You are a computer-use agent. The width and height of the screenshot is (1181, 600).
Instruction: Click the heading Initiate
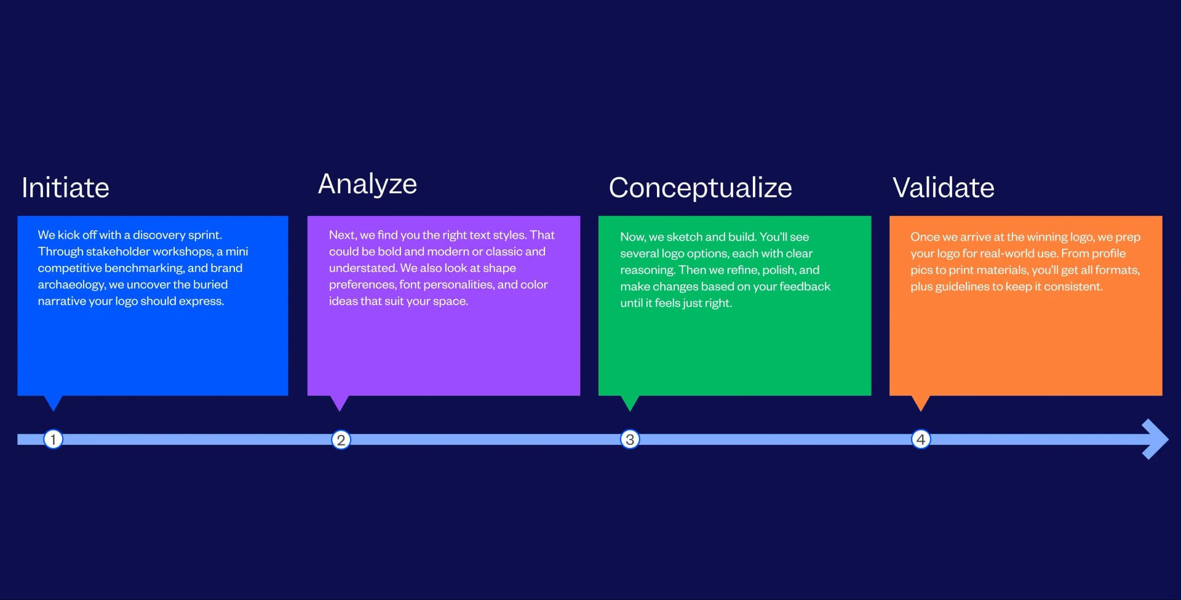click(x=65, y=188)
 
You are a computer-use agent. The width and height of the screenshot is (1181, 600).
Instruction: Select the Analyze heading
click(x=367, y=185)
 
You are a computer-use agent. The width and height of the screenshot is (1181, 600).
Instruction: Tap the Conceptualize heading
click(x=700, y=188)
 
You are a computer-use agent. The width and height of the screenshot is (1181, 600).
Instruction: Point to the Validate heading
click(x=943, y=188)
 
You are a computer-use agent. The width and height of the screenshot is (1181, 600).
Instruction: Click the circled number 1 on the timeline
click(x=54, y=439)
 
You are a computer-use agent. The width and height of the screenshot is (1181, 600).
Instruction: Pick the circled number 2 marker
click(x=341, y=439)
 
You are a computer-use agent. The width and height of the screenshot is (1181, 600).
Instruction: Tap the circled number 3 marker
click(x=630, y=439)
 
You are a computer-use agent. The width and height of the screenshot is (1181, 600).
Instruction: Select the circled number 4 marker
click(x=921, y=439)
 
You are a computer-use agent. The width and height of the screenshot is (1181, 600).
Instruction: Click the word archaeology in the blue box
click(x=71, y=285)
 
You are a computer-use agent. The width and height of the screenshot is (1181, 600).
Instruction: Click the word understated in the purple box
click(x=363, y=268)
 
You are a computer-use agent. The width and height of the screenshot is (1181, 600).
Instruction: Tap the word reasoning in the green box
click(x=647, y=270)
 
